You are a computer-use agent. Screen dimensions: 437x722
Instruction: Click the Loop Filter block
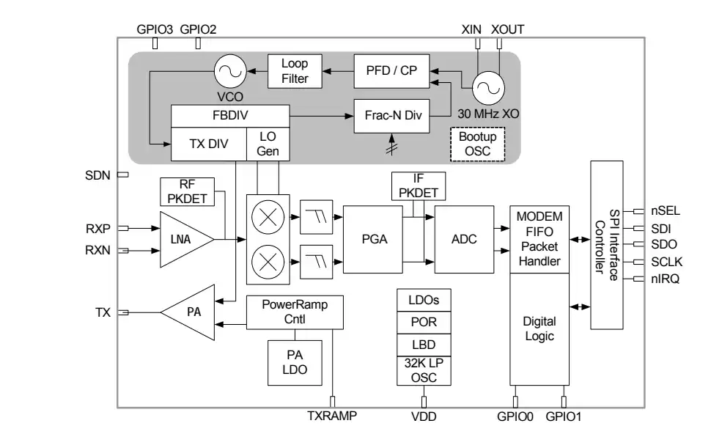[295, 71]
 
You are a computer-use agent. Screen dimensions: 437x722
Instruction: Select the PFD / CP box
[391, 70]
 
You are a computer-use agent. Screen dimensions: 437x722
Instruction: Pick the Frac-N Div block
[391, 116]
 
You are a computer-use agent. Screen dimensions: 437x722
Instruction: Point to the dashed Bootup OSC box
[478, 144]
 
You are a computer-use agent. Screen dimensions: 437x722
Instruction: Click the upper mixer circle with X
[265, 218]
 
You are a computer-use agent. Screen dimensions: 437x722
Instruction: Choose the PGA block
[374, 239]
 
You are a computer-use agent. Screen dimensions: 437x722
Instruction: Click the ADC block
[464, 239]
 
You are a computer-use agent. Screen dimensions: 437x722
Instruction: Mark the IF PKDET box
[418, 186]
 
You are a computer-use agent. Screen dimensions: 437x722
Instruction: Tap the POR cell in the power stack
[423, 322]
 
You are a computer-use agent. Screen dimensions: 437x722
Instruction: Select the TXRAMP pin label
[331, 417]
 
